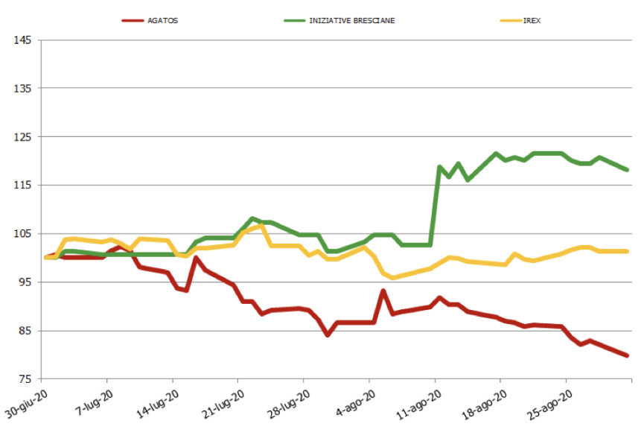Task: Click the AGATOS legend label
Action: pyautogui.click(x=162, y=20)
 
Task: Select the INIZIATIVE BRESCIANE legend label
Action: pyautogui.click(x=352, y=20)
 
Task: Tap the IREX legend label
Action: pyautogui.click(x=532, y=20)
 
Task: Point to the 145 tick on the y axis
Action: pyautogui.click(x=22, y=39)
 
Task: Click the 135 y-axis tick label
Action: pyautogui.click(x=22, y=88)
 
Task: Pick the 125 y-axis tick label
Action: pyautogui.click(x=22, y=136)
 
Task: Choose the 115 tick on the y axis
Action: pyautogui.click(x=22, y=185)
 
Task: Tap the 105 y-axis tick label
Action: pyautogui.click(x=22, y=233)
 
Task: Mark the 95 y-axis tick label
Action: pyautogui.click(x=25, y=282)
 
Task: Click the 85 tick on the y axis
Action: pyautogui.click(x=25, y=330)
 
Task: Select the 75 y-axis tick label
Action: pyautogui.click(x=25, y=378)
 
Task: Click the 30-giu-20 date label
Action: pyautogui.click(x=28, y=402)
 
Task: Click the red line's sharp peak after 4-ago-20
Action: pyautogui.click(x=383, y=291)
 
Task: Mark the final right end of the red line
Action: pyautogui.click(x=627, y=355)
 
